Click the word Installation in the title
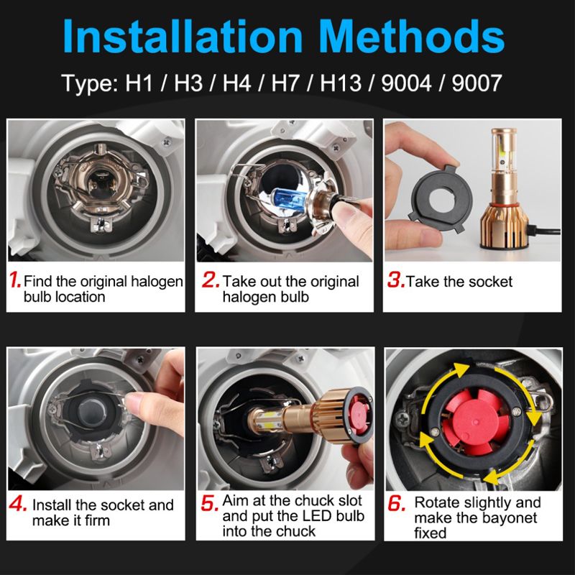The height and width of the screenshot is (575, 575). point(183,35)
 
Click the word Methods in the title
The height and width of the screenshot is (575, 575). point(412,35)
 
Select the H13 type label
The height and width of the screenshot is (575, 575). point(341,83)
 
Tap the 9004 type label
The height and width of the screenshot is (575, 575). point(406,83)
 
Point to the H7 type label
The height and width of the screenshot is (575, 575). point(285,83)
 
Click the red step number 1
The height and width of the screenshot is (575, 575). point(15,280)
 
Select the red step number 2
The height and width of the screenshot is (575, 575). point(211,280)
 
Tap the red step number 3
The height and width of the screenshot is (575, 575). point(396,280)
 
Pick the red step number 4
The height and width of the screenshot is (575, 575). point(18,504)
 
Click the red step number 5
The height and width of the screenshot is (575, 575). point(209,503)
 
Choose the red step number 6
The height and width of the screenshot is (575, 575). point(397,503)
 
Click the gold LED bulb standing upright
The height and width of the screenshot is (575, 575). point(505,189)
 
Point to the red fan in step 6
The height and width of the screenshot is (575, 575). point(475,423)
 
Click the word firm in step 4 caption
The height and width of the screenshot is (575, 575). point(98,520)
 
